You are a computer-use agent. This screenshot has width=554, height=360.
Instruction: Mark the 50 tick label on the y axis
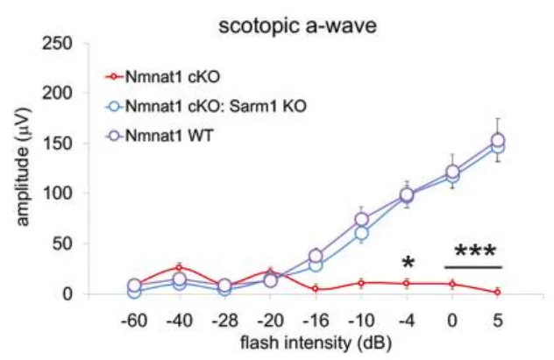76,244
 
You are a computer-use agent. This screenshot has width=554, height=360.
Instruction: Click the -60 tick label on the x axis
133,319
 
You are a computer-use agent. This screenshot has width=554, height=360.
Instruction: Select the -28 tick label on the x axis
224,319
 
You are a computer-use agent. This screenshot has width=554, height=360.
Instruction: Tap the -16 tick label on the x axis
316,319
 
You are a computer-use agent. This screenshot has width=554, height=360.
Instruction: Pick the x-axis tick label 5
497,319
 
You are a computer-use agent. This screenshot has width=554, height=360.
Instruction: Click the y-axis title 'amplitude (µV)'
25,168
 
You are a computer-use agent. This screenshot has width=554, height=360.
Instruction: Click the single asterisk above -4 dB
407,263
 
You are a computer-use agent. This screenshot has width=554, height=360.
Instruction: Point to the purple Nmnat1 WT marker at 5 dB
497,140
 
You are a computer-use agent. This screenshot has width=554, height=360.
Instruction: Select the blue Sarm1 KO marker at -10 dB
361,233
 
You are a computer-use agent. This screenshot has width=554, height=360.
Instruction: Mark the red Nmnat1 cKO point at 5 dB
497,292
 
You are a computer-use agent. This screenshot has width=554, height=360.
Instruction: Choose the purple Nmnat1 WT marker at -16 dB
316,256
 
